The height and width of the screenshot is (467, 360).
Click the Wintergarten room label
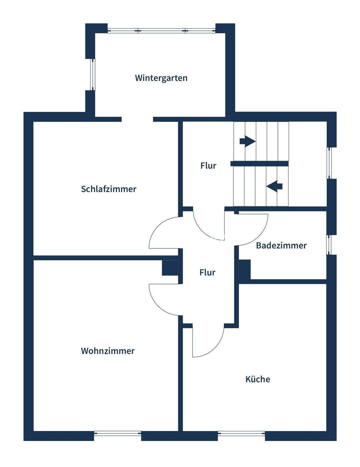[x=161, y=78]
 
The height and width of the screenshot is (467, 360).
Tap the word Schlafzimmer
[x=109, y=189]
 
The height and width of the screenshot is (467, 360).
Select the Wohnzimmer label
[x=108, y=351]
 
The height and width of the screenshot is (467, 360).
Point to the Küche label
[x=258, y=379]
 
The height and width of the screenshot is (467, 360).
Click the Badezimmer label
[x=281, y=245]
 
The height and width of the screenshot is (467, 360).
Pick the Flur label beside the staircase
[x=208, y=166]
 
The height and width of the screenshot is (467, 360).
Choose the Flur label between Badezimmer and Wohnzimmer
[x=207, y=273]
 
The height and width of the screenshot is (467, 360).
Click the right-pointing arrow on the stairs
[x=247, y=141]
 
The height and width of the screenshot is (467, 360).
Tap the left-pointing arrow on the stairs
[x=275, y=186]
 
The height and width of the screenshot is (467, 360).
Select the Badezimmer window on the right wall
[x=329, y=245]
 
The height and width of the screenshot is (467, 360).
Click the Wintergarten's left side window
[x=92, y=75]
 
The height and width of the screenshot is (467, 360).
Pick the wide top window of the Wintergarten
[x=161, y=31]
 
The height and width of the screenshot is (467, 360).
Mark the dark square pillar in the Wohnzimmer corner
[x=170, y=268]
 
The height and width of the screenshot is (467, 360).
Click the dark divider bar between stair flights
[x=260, y=164]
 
